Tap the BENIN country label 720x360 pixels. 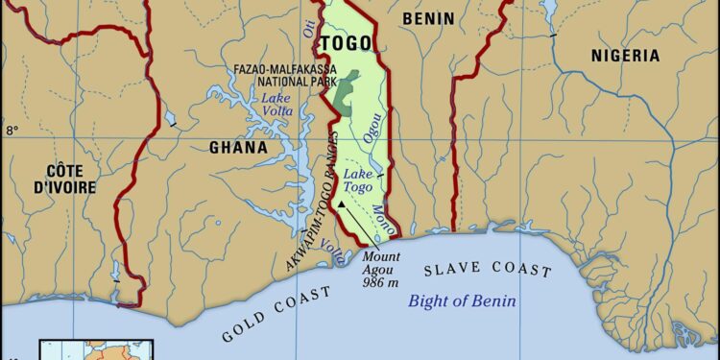click(428, 18)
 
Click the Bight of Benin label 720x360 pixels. click(462, 300)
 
